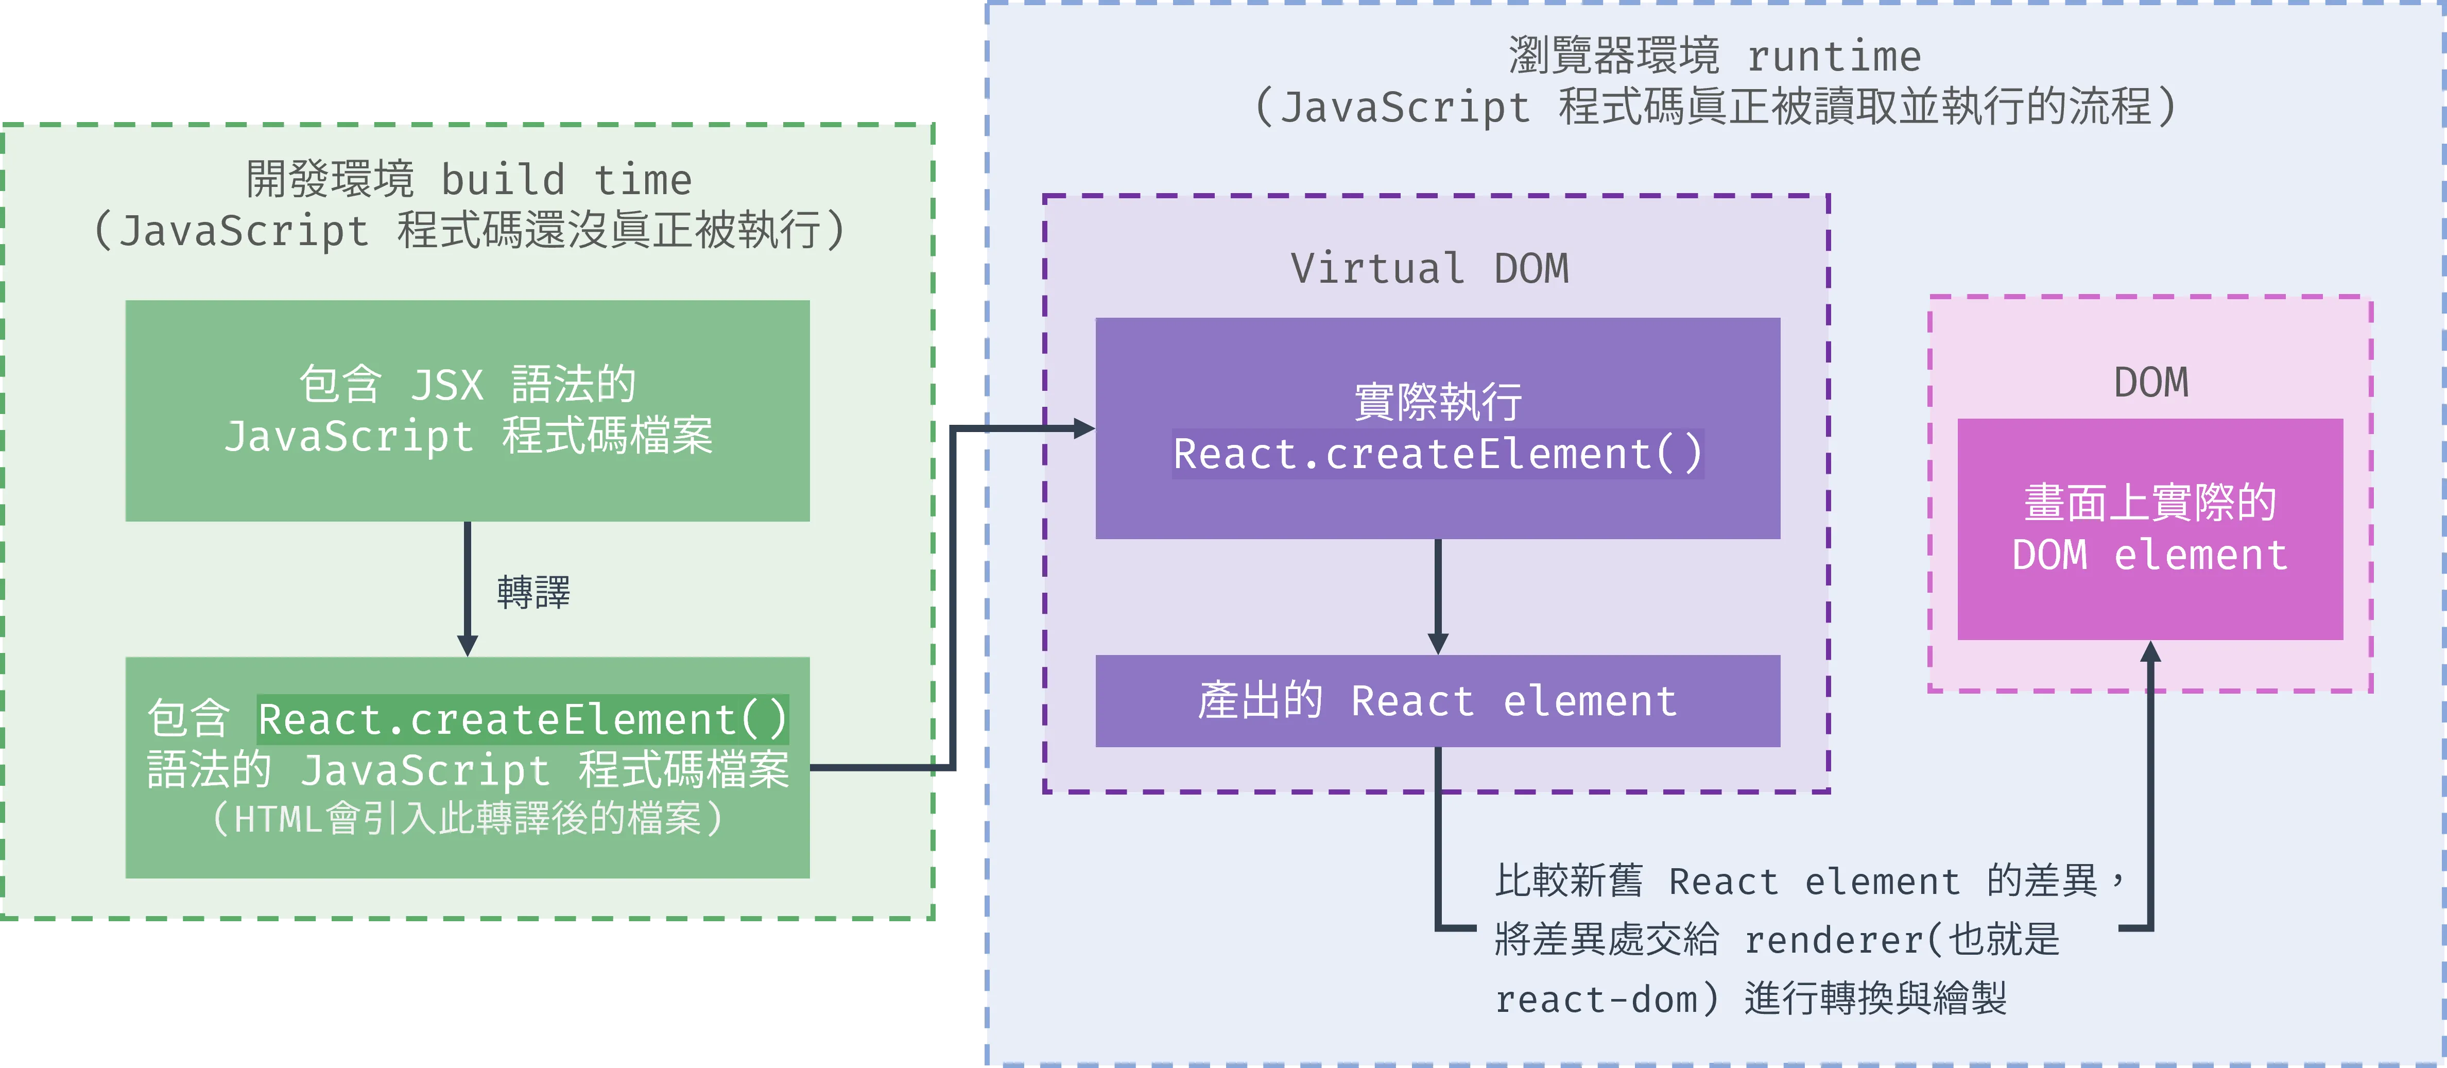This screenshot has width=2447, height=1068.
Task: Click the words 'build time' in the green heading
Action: (566, 180)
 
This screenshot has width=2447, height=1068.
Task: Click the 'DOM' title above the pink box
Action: (2150, 383)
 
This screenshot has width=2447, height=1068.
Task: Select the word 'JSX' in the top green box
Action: (446, 385)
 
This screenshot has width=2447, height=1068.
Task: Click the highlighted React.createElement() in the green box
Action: (523, 719)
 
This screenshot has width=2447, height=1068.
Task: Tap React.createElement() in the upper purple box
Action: (1437, 454)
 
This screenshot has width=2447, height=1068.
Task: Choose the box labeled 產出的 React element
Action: (1437, 701)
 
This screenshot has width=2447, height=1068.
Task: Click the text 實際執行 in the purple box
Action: (1437, 402)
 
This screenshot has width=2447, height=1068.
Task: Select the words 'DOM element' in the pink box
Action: (2150, 555)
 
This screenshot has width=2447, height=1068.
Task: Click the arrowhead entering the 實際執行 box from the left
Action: (1084, 428)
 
